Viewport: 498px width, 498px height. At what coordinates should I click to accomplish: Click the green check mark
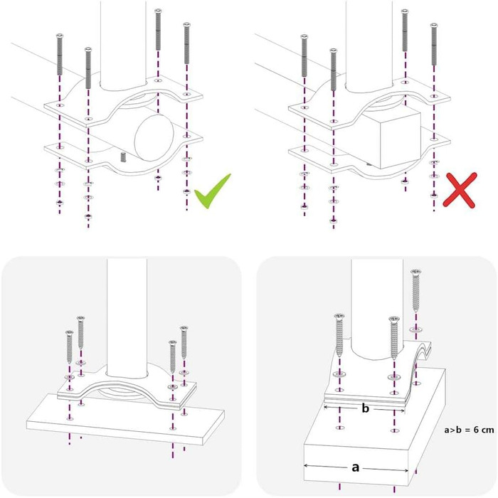(x=212, y=191)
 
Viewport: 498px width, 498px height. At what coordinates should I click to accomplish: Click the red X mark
(x=460, y=190)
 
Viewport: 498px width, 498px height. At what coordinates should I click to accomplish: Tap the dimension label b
(x=366, y=408)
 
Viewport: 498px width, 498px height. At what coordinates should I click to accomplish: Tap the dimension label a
(x=356, y=467)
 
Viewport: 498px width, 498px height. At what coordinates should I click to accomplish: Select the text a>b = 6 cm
(x=469, y=430)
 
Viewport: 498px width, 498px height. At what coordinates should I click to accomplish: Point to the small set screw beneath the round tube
(x=124, y=157)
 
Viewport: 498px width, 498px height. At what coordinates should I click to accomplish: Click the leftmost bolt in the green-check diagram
(x=60, y=54)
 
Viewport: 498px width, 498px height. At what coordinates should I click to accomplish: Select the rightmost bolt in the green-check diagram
(x=186, y=43)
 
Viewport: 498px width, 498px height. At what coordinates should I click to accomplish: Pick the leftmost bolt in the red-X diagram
(x=304, y=55)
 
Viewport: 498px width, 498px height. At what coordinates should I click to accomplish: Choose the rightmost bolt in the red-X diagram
(x=434, y=44)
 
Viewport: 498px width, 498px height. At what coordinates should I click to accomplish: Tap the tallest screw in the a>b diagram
(x=415, y=290)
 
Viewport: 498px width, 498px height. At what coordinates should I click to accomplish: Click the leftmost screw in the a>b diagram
(x=340, y=334)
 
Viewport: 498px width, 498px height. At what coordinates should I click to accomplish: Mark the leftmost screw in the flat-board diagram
(x=70, y=347)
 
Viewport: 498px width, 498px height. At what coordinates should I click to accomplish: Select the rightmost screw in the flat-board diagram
(x=184, y=342)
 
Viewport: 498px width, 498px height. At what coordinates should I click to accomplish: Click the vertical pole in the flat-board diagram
(x=127, y=318)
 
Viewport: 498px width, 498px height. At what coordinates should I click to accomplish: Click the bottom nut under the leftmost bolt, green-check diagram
(x=59, y=202)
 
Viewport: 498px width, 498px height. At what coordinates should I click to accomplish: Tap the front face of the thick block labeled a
(x=356, y=465)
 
